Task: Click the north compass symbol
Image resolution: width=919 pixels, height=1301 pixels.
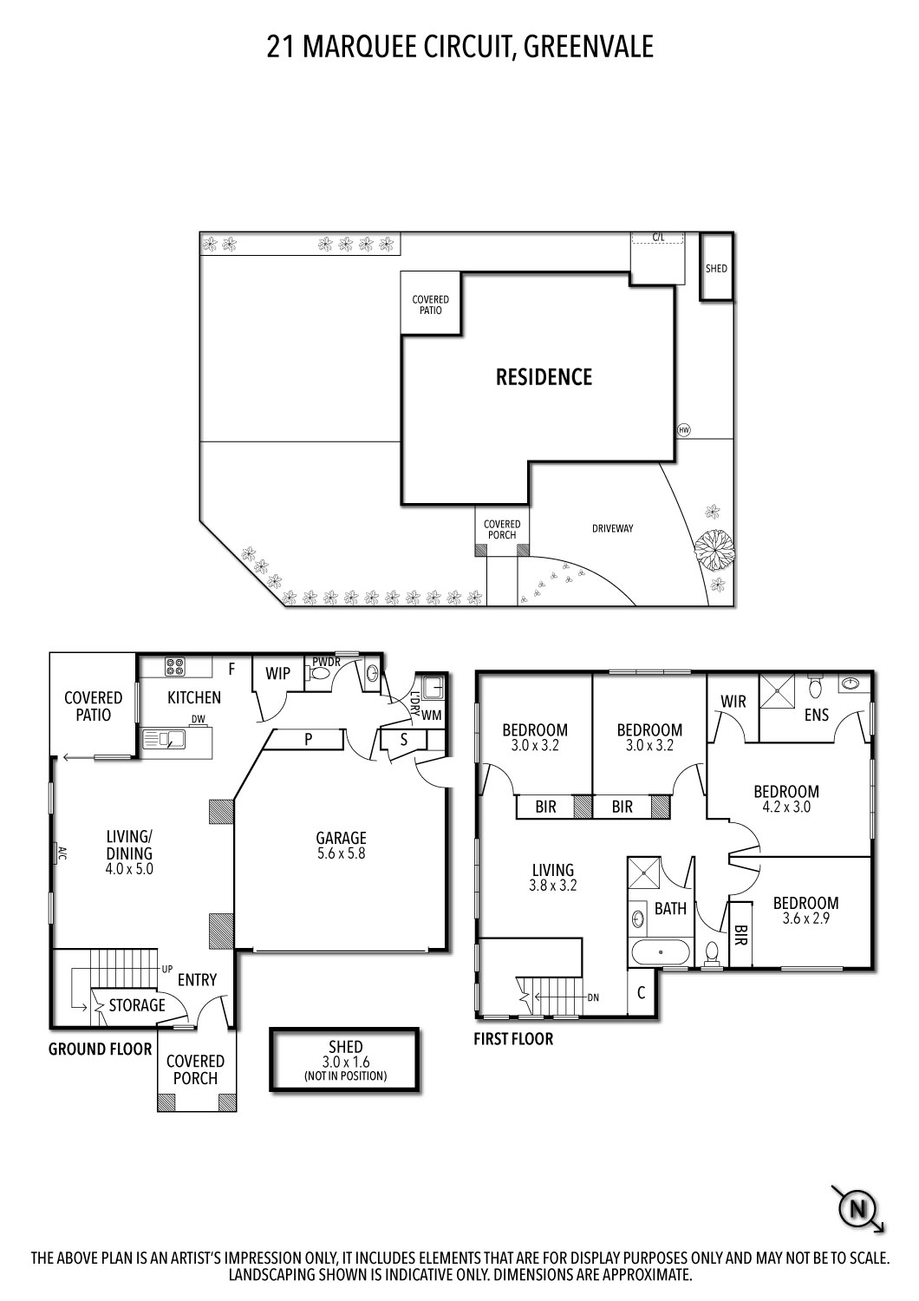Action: [858, 1207]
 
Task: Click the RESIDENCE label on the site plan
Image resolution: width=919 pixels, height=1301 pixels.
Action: [544, 377]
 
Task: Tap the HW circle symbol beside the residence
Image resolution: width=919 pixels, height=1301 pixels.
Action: [684, 430]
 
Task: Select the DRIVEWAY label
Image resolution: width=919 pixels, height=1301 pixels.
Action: [613, 528]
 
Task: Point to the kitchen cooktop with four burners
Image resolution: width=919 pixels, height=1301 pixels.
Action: [174, 667]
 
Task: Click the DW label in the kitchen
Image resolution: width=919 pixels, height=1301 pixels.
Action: [198, 719]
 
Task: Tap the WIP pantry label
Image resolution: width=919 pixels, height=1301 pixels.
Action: [277, 674]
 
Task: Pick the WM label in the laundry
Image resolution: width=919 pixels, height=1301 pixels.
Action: [431, 716]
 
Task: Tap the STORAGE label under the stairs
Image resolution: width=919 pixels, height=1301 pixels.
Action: [136, 1005]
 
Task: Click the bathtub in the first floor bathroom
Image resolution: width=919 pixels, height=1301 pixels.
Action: [661, 952]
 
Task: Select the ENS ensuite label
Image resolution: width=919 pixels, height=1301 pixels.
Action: [816, 716]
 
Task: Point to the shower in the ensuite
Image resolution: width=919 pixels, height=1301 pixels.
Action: [778, 692]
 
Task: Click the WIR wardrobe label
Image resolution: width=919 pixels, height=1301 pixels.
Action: [733, 701]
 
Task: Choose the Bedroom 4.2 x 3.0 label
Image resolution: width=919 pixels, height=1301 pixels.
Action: [785, 798]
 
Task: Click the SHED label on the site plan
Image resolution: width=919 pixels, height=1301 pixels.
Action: [716, 268]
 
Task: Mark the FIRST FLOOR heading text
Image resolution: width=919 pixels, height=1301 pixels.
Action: [512, 1038]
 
